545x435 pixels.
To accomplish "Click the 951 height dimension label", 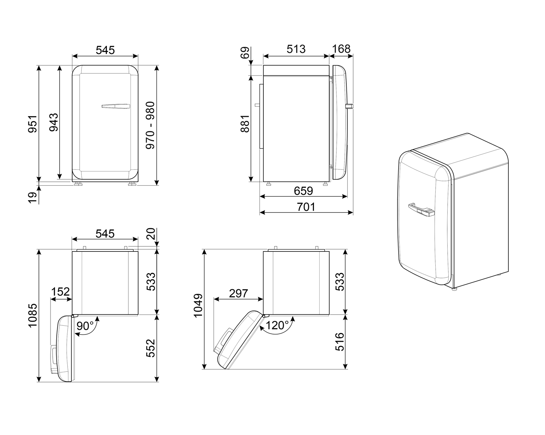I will click(x=33, y=124).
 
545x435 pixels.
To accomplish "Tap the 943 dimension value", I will click(x=53, y=122).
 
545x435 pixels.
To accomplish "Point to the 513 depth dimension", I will click(x=296, y=49).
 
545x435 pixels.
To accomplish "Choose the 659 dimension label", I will click(x=303, y=190).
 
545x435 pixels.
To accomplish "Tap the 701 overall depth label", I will click(x=306, y=207).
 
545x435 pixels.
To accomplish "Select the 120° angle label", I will click(x=277, y=325).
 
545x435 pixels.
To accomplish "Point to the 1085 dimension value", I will click(x=33, y=315).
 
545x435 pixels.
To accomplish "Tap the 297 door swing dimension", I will click(x=238, y=293).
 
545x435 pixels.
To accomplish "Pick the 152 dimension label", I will click(x=61, y=292).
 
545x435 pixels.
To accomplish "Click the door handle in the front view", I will click(x=116, y=106).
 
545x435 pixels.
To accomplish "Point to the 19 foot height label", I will click(x=33, y=198).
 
